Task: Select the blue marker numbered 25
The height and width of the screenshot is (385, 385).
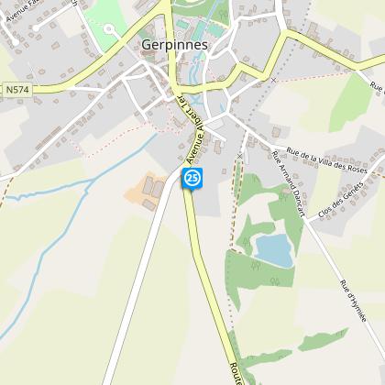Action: [192, 178]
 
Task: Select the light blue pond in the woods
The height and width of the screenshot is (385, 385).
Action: [274, 249]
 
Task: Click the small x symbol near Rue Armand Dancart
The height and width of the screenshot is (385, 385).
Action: [240, 157]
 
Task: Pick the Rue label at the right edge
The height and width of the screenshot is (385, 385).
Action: [375, 86]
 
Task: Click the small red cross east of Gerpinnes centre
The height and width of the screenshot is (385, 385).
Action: [272, 80]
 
